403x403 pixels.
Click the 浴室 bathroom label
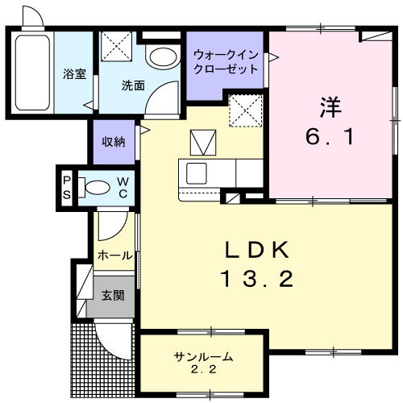point(74,76)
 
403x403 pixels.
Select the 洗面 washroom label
point(133,85)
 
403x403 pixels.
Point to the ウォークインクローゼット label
point(226,62)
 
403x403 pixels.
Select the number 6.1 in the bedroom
point(328,137)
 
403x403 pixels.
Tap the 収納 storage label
point(113,142)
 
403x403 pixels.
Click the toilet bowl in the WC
point(98,188)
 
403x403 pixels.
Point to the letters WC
point(123,188)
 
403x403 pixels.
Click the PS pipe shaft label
point(68,188)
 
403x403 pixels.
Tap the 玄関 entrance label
point(112,295)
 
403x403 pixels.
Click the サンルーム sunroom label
point(204,356)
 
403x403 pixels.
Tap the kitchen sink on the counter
point(196,172)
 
